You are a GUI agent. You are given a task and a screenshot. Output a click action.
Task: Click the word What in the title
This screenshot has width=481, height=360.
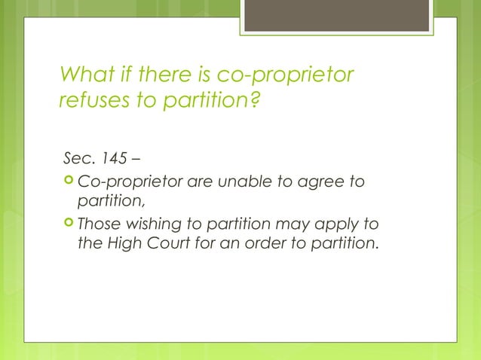pos(84,76)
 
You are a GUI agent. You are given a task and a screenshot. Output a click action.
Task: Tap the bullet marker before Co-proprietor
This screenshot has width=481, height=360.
pos(68,182)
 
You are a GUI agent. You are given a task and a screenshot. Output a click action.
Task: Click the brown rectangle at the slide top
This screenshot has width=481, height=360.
pos(335,16)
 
